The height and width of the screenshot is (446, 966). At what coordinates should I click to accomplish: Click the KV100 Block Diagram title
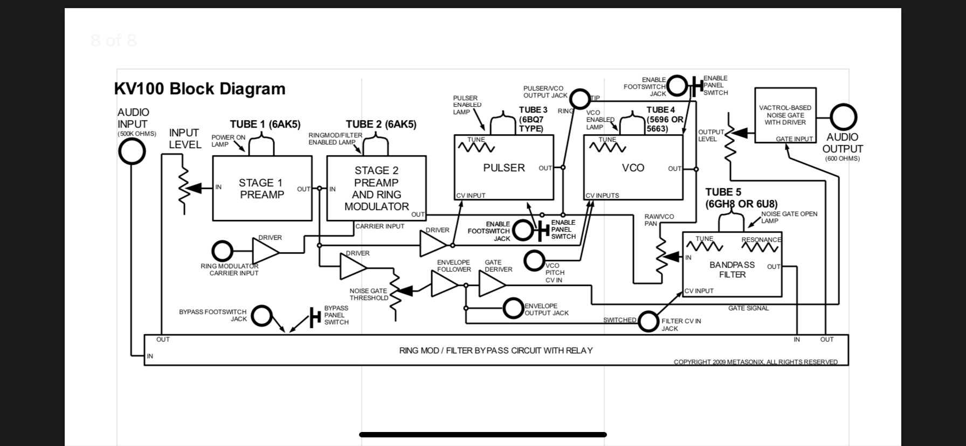[x=200, y=89]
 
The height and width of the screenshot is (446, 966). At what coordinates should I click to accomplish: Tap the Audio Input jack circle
[x=132, y=151]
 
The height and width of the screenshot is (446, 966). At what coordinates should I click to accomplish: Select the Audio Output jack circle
[x=843, y=117]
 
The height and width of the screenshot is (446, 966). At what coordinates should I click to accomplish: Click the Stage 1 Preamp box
[x=262, y=189]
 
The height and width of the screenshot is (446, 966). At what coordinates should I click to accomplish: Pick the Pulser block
[x=503, y=168]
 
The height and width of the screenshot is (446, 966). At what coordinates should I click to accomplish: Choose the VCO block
[x=633, y=168]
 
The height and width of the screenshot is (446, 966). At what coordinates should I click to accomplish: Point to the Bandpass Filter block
[x=732, y=269]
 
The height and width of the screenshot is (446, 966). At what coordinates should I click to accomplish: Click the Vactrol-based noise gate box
[x=785, y=115]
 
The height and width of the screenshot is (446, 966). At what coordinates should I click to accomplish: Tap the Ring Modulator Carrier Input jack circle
[x=222, y=251]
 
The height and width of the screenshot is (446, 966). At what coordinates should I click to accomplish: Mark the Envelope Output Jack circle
[x=513, y=309]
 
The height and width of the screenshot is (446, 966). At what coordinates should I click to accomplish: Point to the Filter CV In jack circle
[x=648, y=321]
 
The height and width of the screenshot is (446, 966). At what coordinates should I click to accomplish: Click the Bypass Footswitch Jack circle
[x=262, y=316]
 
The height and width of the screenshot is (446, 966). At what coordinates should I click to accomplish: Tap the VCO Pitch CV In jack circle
[x=534, y=261]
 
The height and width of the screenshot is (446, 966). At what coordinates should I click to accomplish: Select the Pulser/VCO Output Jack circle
[x=579, y=99]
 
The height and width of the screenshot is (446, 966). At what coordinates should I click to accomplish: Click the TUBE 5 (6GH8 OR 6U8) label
[x=741, y=198]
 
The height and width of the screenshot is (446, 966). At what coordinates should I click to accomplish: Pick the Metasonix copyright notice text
[x=755, y=362]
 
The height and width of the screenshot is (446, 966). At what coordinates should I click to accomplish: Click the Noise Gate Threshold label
[x=369, y=294]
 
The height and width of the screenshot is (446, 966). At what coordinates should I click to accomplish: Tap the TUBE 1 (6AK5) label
[x=265, y=124]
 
